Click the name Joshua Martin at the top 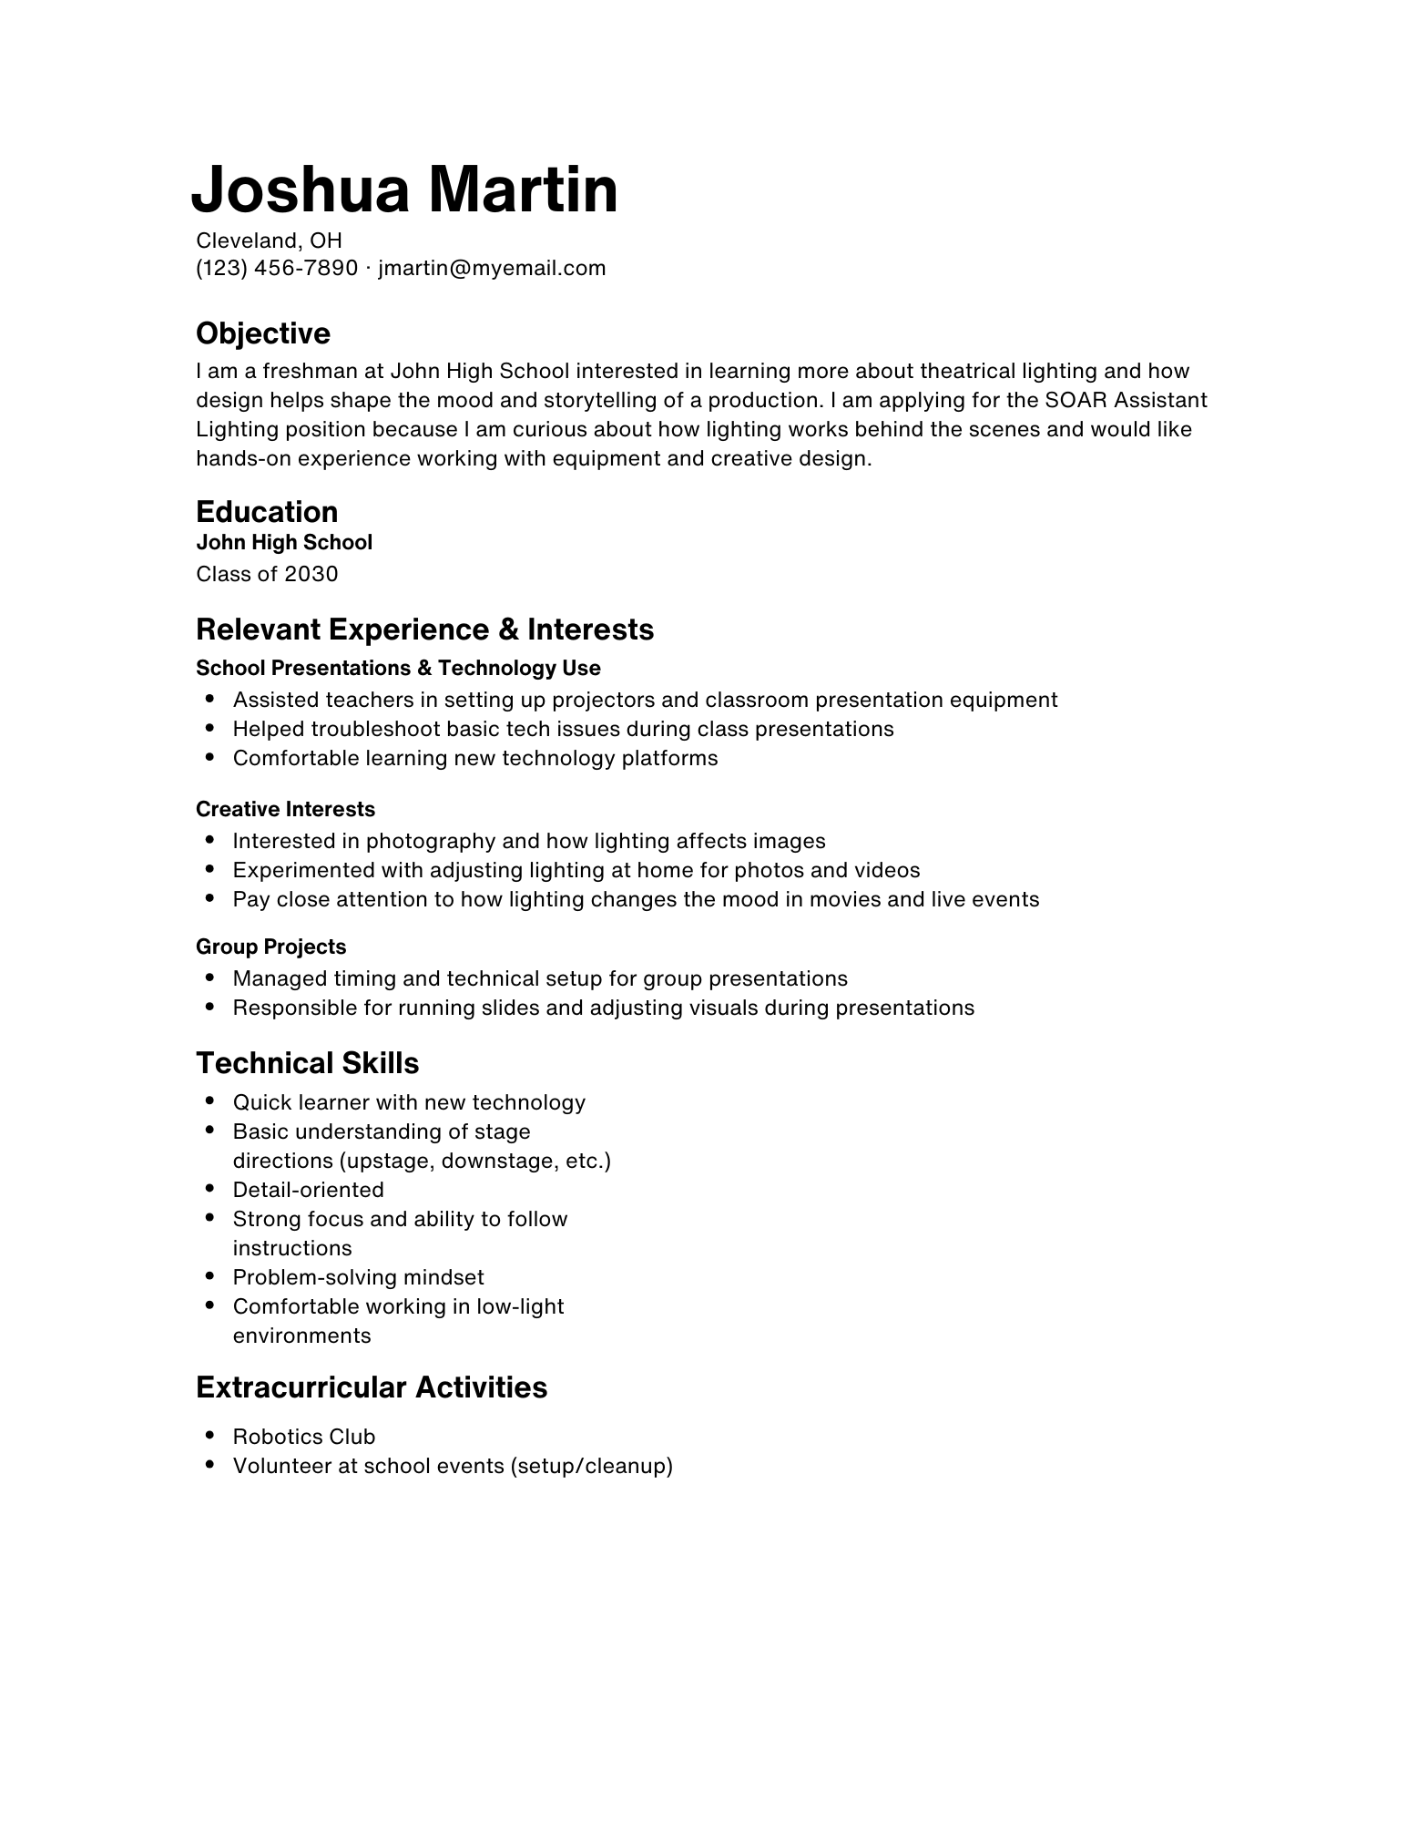(x=404, y=189)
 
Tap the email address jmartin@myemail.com (x=492, y=268)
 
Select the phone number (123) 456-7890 (x=277, y=268)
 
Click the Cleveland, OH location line (x=269, y=241)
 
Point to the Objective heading (x=262, y=333)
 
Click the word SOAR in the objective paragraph (x=1076, y=400)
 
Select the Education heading (x=266, y=511)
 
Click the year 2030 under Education (x=311, y=574)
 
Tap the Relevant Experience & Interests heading (x=424, y=630)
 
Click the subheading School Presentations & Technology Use (x=398, y=668)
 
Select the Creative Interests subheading (x=285, y=809)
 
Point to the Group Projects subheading (x=270, y=947)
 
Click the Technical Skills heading (x=307, y=1063)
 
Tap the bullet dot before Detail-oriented (x=210, y=1189)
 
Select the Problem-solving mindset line (x=358, y=1277)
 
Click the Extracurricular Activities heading (x=371, y=1387)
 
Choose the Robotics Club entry (x=303, y=1437)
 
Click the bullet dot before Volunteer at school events (x=210, y=1465)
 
